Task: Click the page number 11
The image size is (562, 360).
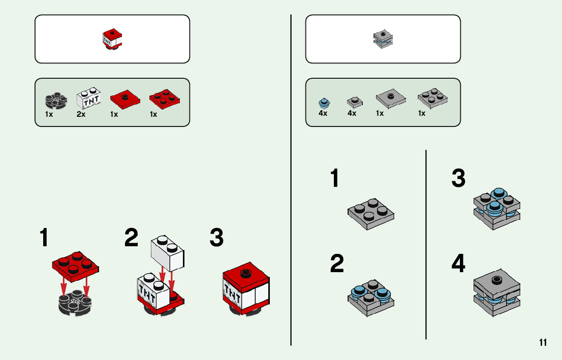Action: point(543,343)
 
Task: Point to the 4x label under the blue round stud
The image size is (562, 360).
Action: point(323,114)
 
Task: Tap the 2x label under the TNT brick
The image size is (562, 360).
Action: point(81,114)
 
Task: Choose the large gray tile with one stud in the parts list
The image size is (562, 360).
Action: point(390,96)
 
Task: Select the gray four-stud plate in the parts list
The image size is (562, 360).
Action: point(432,98)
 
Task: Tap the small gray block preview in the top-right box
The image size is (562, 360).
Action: point(383,39)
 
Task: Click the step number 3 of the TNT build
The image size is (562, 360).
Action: point(216,238)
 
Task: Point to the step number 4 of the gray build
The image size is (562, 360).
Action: point(458,264)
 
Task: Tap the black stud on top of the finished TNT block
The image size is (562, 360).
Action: point(245,272)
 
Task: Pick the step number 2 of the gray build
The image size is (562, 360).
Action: point(336,264)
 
